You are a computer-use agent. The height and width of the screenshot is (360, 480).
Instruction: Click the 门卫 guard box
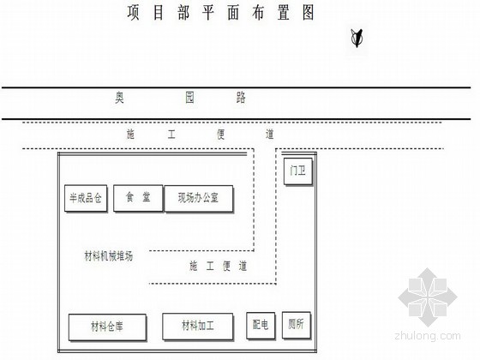[298, 171]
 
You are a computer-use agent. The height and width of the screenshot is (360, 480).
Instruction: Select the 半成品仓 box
[86, 198]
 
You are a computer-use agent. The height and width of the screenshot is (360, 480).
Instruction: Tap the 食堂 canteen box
[138, 198]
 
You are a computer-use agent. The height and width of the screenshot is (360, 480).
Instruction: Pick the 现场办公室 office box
[199, 199]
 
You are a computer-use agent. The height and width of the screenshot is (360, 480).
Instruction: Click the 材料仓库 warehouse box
[107, 327]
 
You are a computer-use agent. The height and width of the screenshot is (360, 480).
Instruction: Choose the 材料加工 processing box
[198, 327]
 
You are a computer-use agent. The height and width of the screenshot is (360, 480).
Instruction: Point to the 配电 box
[261, 326]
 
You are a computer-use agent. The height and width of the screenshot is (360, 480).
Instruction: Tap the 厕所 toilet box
[297, 326]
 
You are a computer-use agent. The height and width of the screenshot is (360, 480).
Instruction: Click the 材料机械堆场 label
[109, 256]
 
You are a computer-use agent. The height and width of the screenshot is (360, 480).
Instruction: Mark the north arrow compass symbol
[357, 39]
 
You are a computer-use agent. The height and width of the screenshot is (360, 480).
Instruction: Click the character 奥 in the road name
[119, 98]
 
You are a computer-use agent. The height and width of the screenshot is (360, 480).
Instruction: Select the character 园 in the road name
[189, 98]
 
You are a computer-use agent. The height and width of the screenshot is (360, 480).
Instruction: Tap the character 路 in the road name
[241, 98]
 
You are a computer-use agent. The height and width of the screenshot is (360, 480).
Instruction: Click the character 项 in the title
[134, 13]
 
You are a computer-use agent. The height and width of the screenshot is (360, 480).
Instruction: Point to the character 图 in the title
[309, 13]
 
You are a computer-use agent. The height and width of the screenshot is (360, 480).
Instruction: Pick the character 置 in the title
[284, 13]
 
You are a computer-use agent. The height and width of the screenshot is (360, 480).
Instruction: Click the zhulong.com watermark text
[428, 336]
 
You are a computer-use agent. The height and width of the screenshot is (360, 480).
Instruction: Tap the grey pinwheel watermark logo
[428, 297]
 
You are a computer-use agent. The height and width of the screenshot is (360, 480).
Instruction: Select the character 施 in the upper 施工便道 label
[130, 135]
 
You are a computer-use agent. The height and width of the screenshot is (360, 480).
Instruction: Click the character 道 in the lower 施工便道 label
[243, 267]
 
